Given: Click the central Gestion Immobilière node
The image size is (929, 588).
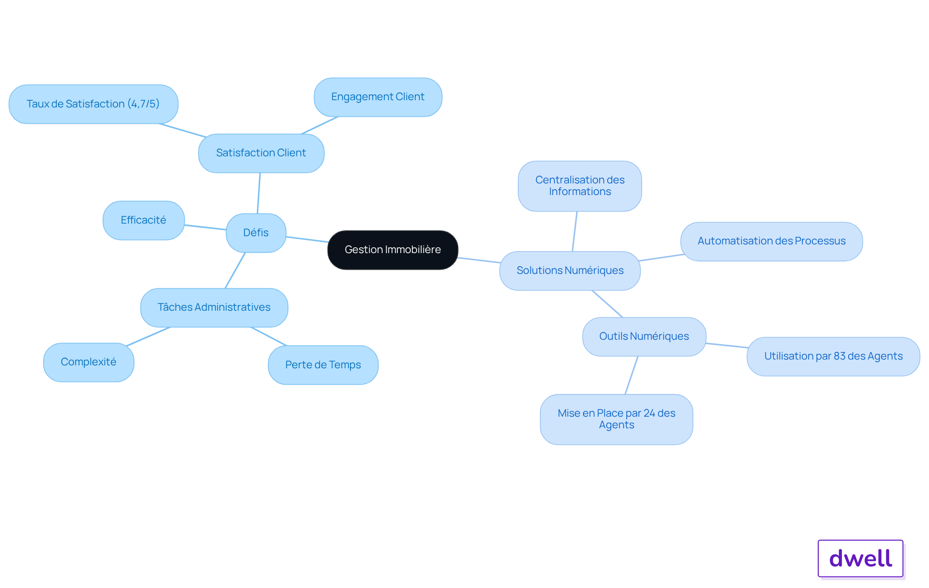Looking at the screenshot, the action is coord(393,250).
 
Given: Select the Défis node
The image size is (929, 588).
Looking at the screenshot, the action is coord(256,233).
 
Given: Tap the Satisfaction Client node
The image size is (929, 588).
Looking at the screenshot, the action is coord(261,153).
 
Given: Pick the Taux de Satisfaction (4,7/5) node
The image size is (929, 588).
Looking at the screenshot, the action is coord(93,104).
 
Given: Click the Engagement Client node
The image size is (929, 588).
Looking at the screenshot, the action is coord(378,97).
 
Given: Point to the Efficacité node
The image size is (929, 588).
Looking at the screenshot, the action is coord(144,220).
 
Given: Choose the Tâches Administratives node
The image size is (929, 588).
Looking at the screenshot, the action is coord(214,307).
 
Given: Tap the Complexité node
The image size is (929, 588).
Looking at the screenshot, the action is coord(89,362).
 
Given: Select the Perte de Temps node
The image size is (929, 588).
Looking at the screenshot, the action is coord(323,365).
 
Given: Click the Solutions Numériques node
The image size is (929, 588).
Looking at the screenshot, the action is coord(570,271).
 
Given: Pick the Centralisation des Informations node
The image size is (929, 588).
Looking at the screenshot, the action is coord(580,186).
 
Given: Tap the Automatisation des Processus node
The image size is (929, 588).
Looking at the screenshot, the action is coord(772,241).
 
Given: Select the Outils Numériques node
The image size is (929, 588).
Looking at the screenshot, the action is coord(644,336).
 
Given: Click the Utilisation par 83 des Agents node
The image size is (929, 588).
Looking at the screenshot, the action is coord(833,356).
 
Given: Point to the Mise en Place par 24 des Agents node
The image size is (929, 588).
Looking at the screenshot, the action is coord(616,419).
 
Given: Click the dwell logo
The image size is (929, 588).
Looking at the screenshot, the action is coord(861,558).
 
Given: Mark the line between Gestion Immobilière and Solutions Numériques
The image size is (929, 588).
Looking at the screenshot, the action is coord(479,260).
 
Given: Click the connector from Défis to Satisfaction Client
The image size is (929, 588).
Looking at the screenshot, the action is coord(259,193).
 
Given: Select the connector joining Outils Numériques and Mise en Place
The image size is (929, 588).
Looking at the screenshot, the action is coord(631,375).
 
